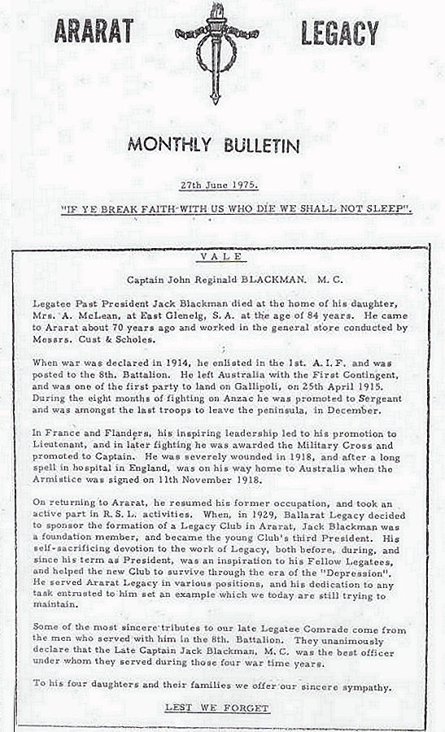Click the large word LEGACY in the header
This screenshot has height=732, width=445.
click(338, 33)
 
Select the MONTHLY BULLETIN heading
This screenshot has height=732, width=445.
click(213, 146)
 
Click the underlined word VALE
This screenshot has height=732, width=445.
click(221, 257)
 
